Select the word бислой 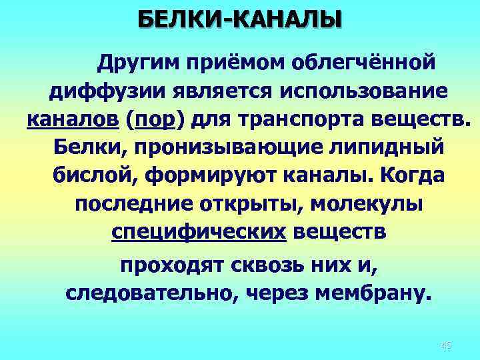pyautogui.click(x=90, y=176)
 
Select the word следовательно pyautogui.click(x=141, y=294)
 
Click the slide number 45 pyautogui.click(x=446, y=345)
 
